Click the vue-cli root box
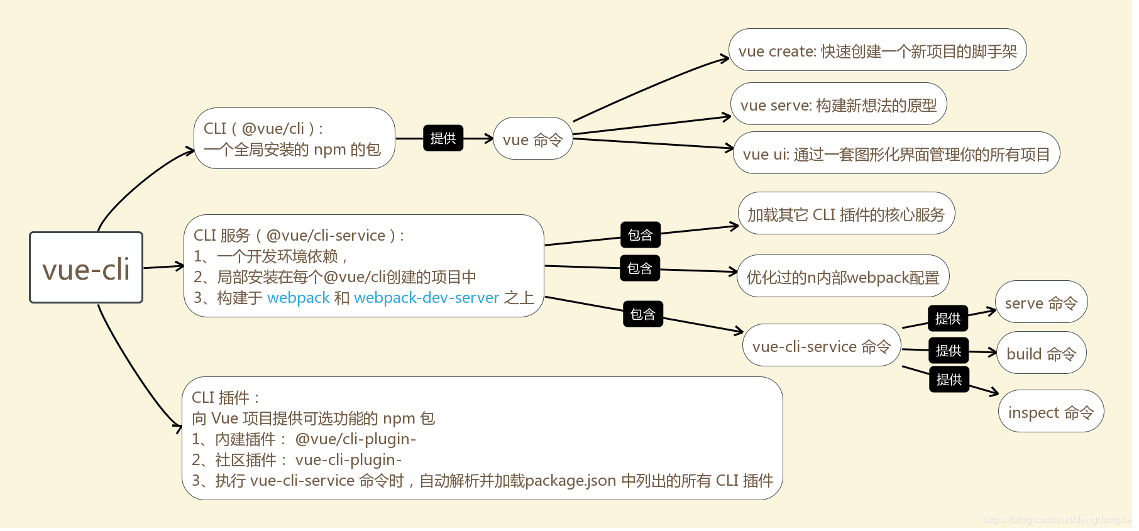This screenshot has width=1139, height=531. coord(86,268)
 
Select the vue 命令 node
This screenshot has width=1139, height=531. coord(532,139)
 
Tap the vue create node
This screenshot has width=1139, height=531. coord(878,50)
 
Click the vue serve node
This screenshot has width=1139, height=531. coord(839,104)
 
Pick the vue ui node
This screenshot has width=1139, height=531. coord(896,153)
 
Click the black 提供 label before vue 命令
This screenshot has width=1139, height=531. coord(443,138)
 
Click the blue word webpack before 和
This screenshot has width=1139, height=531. coord(298,297)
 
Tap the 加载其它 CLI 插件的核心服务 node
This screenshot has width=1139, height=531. coord(846,214)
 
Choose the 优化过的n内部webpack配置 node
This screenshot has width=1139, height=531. coord(842,276)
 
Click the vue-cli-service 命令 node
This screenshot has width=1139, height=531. coord(821,346)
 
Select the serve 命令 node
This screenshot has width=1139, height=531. coord(1041,302)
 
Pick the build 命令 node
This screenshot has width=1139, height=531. coord(1041,353)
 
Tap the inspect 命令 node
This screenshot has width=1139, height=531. coord(1050,412)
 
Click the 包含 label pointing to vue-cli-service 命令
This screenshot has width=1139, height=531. coord(642,314)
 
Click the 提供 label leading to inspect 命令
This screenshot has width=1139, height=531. coord(949,380)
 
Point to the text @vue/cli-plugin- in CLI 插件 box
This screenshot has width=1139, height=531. coord(355,439)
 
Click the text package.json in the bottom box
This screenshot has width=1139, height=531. coord(570,480)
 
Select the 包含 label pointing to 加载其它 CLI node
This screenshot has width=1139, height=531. coord(640,234)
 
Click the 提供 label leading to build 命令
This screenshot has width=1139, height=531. coord(948,350)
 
